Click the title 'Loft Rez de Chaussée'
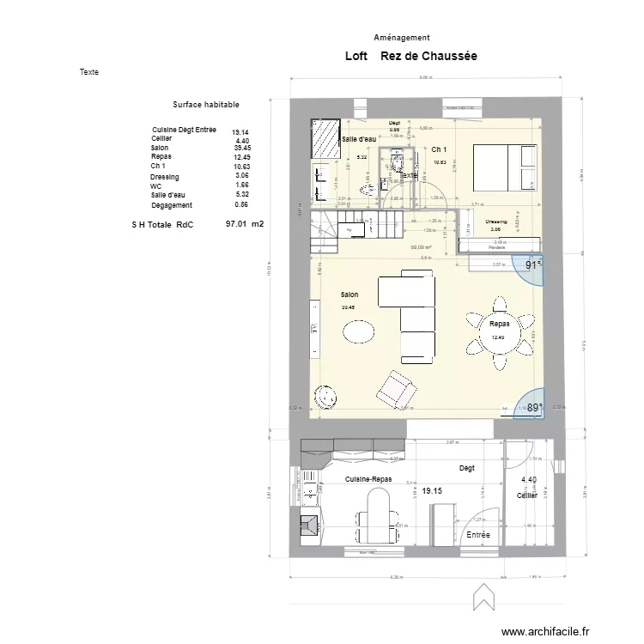tap(410, 56)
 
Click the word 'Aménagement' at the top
tap(402, 38)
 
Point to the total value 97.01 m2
tap(244, 223)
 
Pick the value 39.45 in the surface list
tap(241, 148)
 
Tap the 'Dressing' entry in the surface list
tap(165, 177)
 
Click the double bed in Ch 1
tap(502, 167)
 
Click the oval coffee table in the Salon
tap(360, 331)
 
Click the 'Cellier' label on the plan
tap(527, 495)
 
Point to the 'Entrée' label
tap(478, 534)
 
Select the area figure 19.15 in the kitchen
tap(432, 491)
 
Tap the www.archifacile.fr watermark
tap(546, 631)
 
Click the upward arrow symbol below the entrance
tap(483, 594)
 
